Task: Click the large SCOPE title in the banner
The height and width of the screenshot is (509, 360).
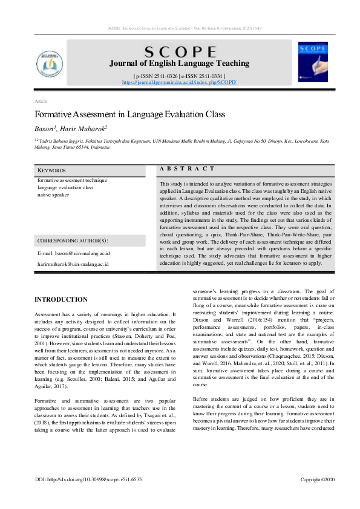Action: pyautogui.click(x=178, y=52)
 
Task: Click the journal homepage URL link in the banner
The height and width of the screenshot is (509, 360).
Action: pyautogui.click(x=179, y=82)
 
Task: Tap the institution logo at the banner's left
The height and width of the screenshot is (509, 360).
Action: pyautogui.click(x=51, y=62)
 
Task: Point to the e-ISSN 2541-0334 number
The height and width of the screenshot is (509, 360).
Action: pyautogui.click(x=203, y=76)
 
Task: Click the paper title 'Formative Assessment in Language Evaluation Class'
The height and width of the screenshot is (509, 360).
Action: pyautogui.click(x=129, y=114)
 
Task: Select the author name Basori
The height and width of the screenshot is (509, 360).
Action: pyautogui.click(x=44, y=129)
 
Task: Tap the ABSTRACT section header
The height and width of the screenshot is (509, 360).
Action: pyautogui.click(x=187, y=169)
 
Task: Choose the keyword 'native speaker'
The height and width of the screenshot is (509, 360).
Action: pyautogui.click(x=53, y=195)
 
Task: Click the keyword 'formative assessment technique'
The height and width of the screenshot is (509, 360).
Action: pyautogui.click(x=72, y=180)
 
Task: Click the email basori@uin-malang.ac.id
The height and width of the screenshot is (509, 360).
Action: pyautogui.click(x=73, y=253)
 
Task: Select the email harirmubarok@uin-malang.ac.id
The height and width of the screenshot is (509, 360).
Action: pyautogui.click(x=73, y=264)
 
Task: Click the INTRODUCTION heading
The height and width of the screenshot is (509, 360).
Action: pyautogui.click(x=61, y=300)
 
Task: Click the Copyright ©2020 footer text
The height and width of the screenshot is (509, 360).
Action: pyautogui.click(x=317, y=479)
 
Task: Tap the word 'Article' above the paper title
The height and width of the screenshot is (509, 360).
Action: pyautogui.click(x=41, y=101)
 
